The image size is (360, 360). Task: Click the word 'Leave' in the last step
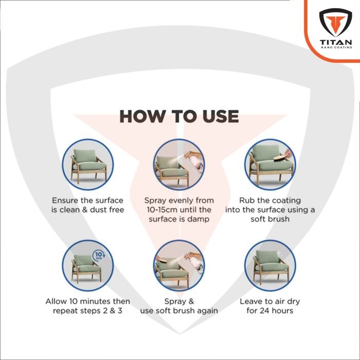tap(251, 301)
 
